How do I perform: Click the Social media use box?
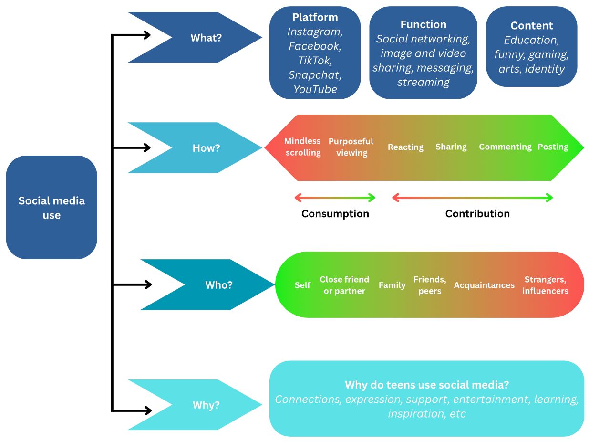(52, 208)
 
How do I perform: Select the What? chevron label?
(206, 38)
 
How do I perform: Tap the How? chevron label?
(206, 148)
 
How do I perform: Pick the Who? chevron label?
(219, 285)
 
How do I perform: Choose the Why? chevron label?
(206, 405)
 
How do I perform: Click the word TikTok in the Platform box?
(315, 61)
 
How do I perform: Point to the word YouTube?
(315, 89)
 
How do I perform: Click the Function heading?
(423, 25)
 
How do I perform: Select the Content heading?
(531, 26)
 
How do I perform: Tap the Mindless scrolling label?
(302, 147)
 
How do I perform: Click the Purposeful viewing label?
(351, 147)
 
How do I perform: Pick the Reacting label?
(405, 147)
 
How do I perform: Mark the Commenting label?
(505, 147)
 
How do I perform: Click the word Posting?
(553, 147)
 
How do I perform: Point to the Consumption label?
(335, 214)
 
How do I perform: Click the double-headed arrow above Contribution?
(472, 198)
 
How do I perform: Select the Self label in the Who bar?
(302, 285)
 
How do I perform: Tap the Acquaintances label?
(484, 285)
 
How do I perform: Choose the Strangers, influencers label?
(545, 285)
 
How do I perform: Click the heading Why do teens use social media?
(426, 385)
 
